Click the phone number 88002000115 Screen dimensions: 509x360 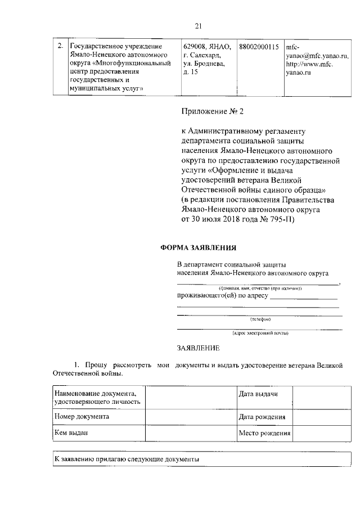pos(259,47)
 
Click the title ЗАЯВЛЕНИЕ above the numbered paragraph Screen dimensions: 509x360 pos(199,349)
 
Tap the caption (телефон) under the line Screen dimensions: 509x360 pos(260,319)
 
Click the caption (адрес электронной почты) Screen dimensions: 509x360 pos(260,333)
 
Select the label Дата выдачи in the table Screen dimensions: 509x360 pos(258,394)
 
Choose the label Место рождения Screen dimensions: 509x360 pos(264,434)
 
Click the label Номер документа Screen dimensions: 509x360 pos(82,417)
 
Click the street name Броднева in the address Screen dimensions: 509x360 pos(209,65)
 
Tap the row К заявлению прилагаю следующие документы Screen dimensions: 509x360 pos(127,459)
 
